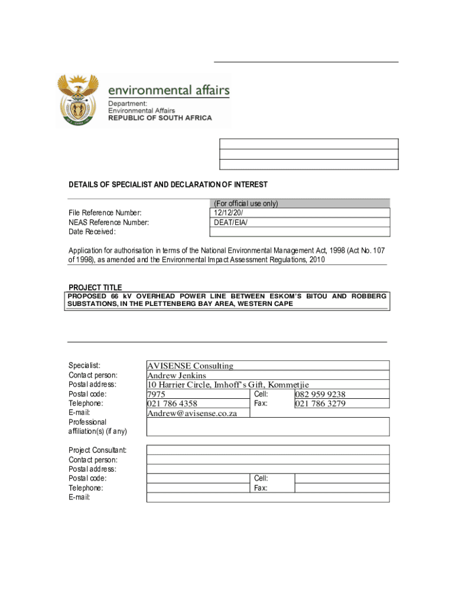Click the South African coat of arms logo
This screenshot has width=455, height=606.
point(77,100)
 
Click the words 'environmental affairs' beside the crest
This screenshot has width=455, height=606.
point(168,91)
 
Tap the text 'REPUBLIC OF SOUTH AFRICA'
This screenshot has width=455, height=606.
point(160,118)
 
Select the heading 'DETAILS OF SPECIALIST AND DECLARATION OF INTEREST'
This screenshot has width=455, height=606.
point(168,185)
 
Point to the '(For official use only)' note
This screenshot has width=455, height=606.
point(245,204)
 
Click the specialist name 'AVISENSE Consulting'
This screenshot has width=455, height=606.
point(190,366)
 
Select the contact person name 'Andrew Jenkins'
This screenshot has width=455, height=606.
point(177,376)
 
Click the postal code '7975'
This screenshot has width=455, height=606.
point(156,395)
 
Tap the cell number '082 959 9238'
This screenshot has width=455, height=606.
point(321,395)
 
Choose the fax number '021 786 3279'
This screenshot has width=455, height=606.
point(321,404)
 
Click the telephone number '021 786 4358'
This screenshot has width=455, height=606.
point(173,404)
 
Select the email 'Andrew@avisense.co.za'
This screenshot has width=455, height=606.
point(192,413)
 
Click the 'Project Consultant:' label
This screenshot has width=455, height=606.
point(97,450)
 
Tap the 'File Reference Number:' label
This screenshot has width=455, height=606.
point(105,213)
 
